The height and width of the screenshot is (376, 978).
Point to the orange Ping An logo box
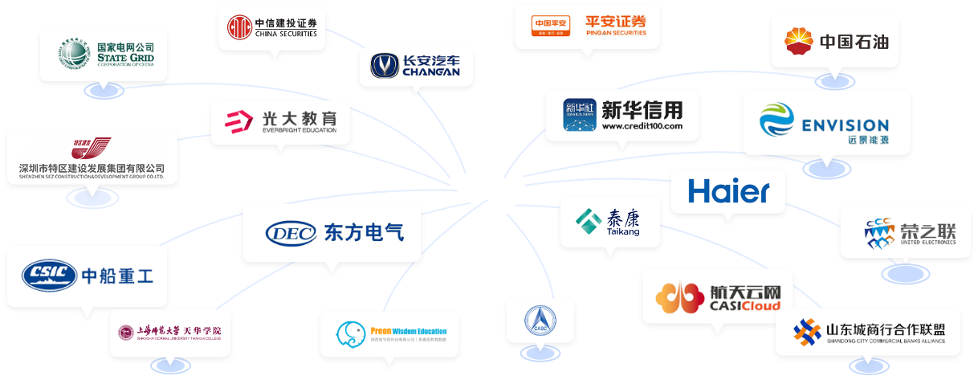[550, 27]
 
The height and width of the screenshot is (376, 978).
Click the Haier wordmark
[728, 191]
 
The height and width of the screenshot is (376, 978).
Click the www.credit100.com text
[642, 127]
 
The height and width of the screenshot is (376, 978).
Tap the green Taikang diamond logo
[589, 219]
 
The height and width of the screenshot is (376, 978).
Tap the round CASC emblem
[539, 321]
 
